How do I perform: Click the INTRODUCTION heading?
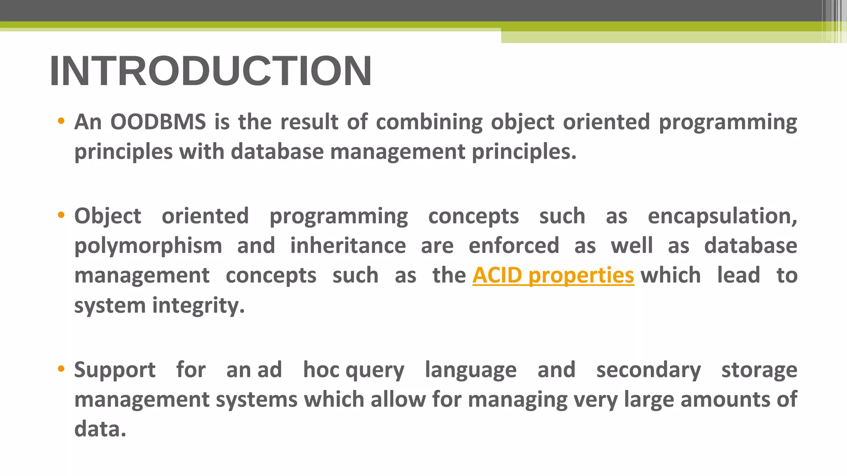click(211, 71)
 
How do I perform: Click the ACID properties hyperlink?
click(553, 276)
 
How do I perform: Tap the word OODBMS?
click(158, 122)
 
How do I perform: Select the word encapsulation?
click(722, 217)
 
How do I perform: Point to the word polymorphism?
click(148, 246)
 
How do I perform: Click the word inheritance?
click(348, 246)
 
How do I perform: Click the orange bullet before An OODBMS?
click(61, 121)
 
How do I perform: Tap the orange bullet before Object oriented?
click(61, 215)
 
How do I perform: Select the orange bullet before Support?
click(61, 369)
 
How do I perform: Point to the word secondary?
click(648, 370)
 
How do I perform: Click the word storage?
click(759, 370)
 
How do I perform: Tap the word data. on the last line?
click(100, 429)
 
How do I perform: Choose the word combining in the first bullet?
click(429, 123)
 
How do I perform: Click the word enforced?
click(514, 246)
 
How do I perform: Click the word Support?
click(115, 370)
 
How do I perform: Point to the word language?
click(471, 370)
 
